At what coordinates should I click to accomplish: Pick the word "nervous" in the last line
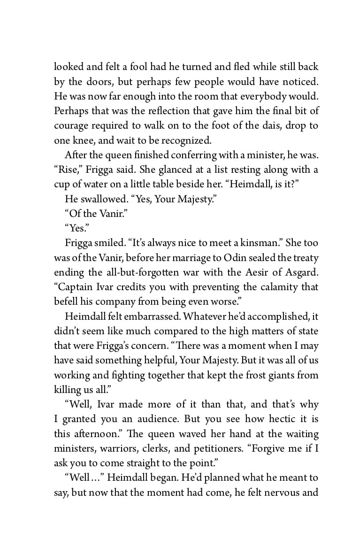283,492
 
